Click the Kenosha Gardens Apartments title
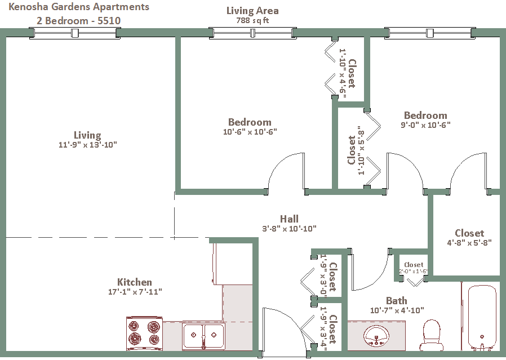[79, 7]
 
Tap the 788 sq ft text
[252, 20]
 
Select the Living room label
[87, 135]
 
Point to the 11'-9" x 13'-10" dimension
[87, 145]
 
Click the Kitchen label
[134, 282]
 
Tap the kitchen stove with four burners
[144, 333]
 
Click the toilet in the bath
[432, 336]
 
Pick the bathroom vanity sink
[376, 336]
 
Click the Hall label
[289, 219]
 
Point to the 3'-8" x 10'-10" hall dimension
[290, 229]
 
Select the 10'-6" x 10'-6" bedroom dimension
[250, 132]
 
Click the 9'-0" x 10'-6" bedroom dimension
[425, 125]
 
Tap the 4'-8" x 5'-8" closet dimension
[469, 243]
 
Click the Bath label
[396, 300]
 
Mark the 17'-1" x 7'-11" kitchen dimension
[135, 292]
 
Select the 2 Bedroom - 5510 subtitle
[78, 20]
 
